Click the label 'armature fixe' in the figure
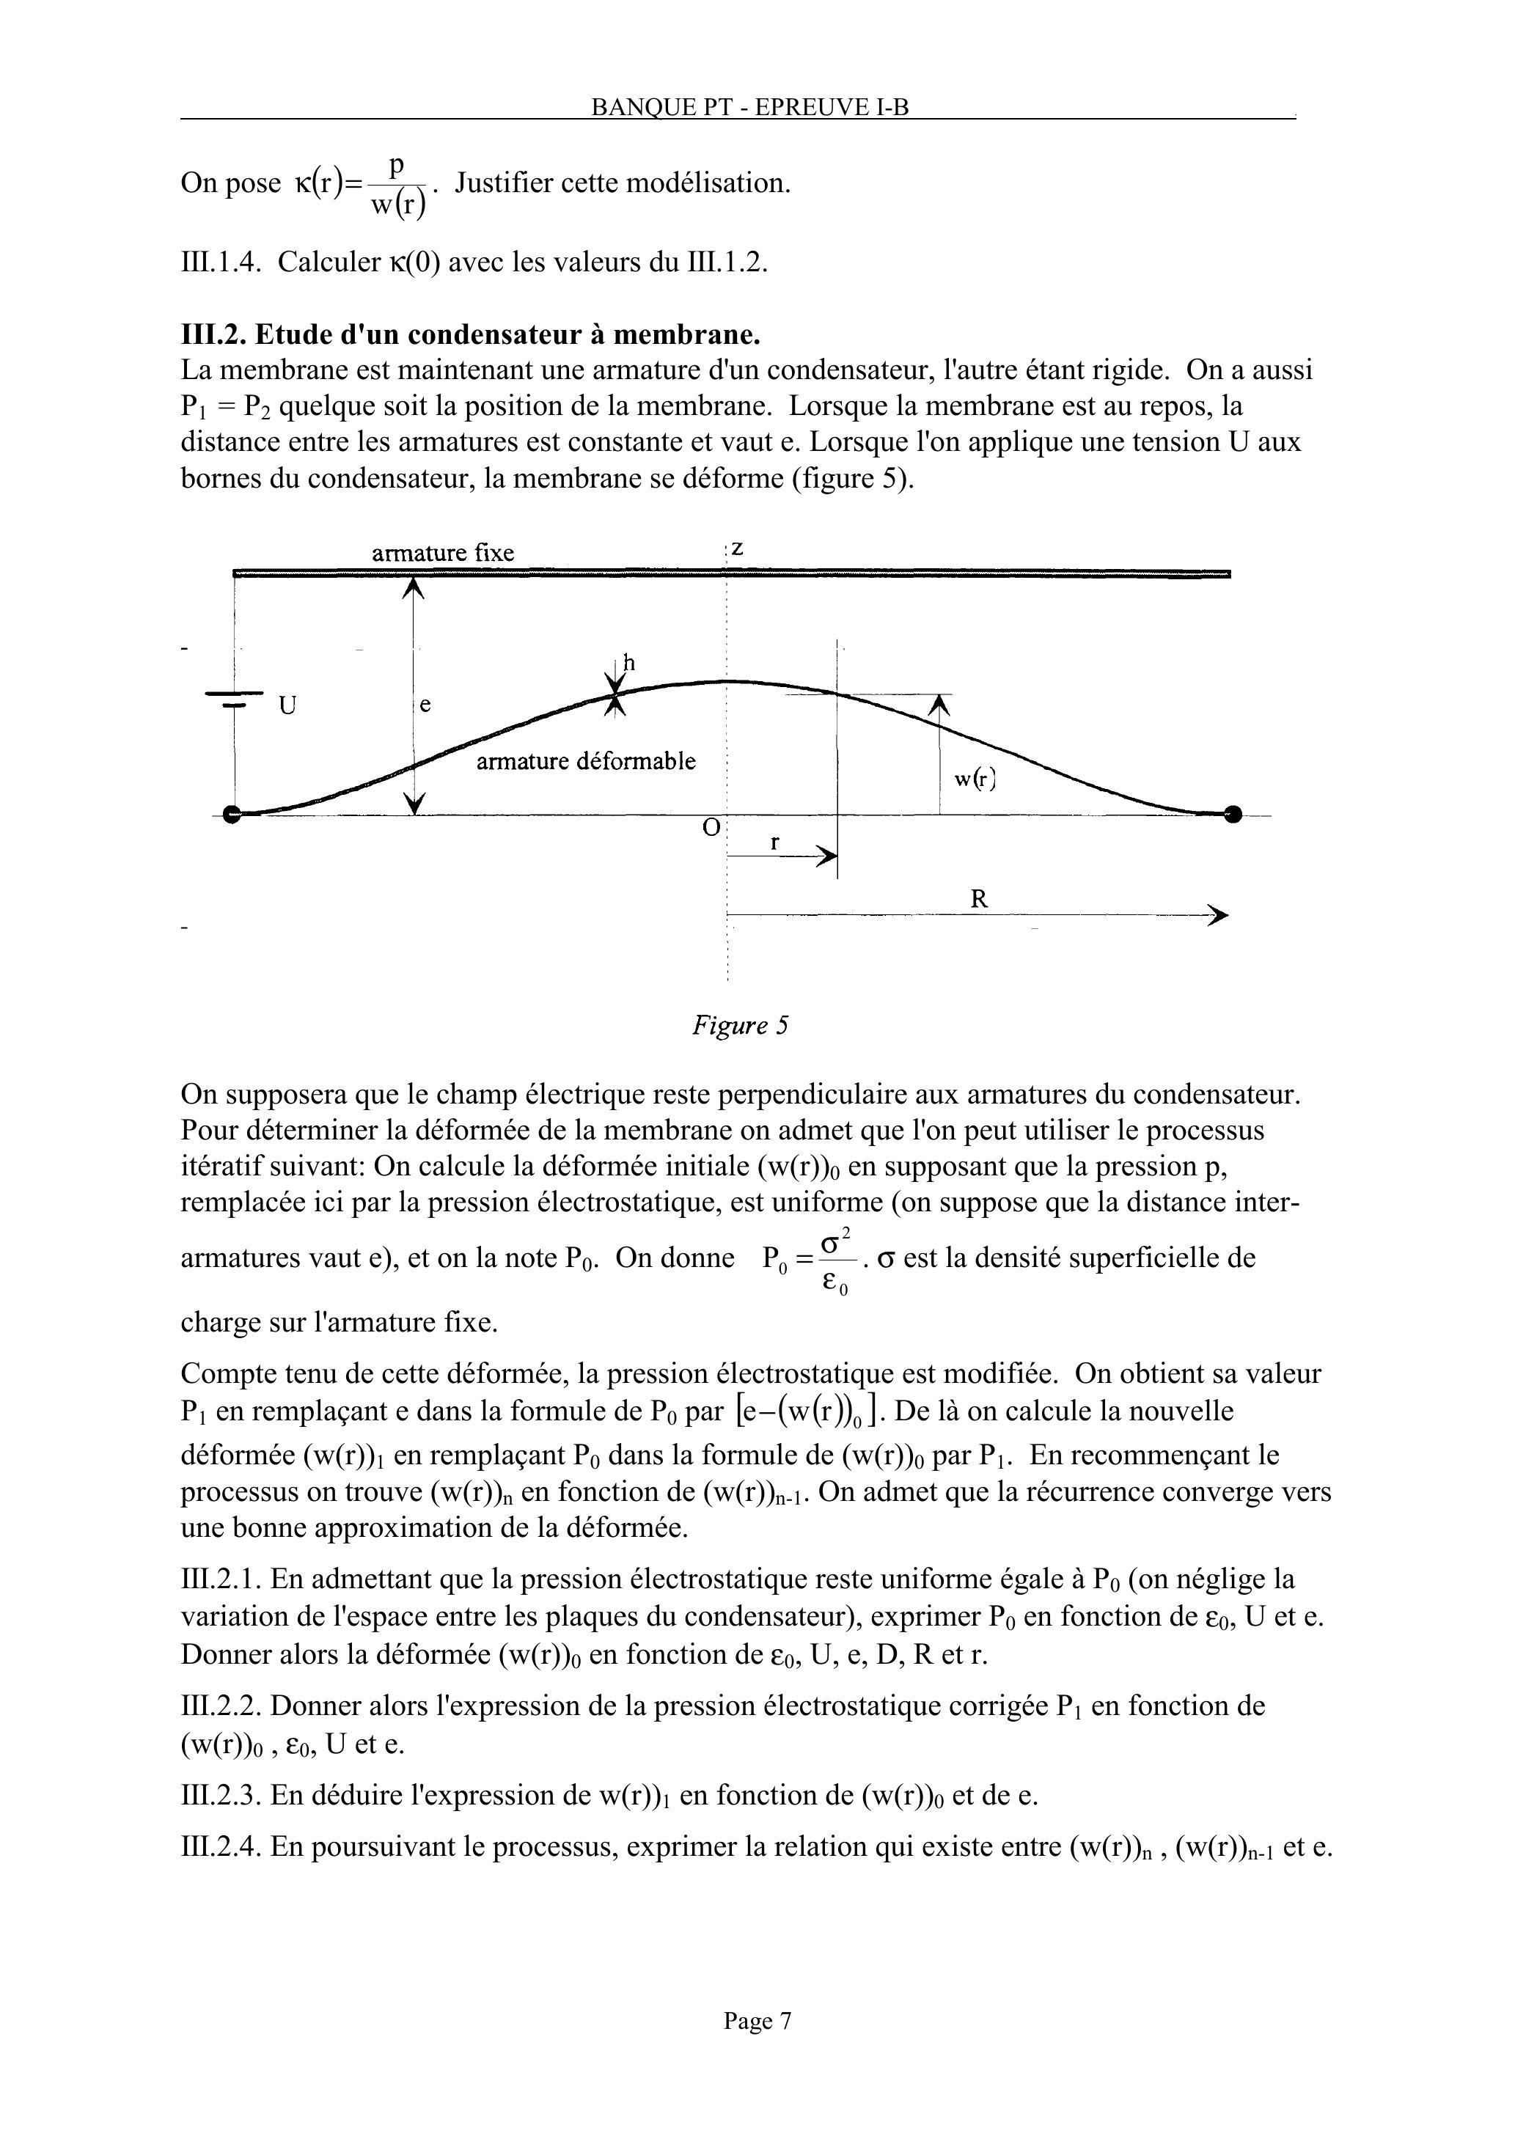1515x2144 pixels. pos(443,553)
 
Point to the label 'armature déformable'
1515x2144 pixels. pos(586,761)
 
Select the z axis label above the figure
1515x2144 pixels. pos(737,548)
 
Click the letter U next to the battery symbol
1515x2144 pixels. pos(287,706)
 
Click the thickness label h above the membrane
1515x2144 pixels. pos(628,663)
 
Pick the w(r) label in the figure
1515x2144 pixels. pos(975,779)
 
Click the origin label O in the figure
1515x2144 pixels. pos(712,827)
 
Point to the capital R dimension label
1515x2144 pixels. pos(979,899)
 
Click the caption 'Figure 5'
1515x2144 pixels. pos(740,1025)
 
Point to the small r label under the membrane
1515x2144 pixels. pos(774,842)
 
